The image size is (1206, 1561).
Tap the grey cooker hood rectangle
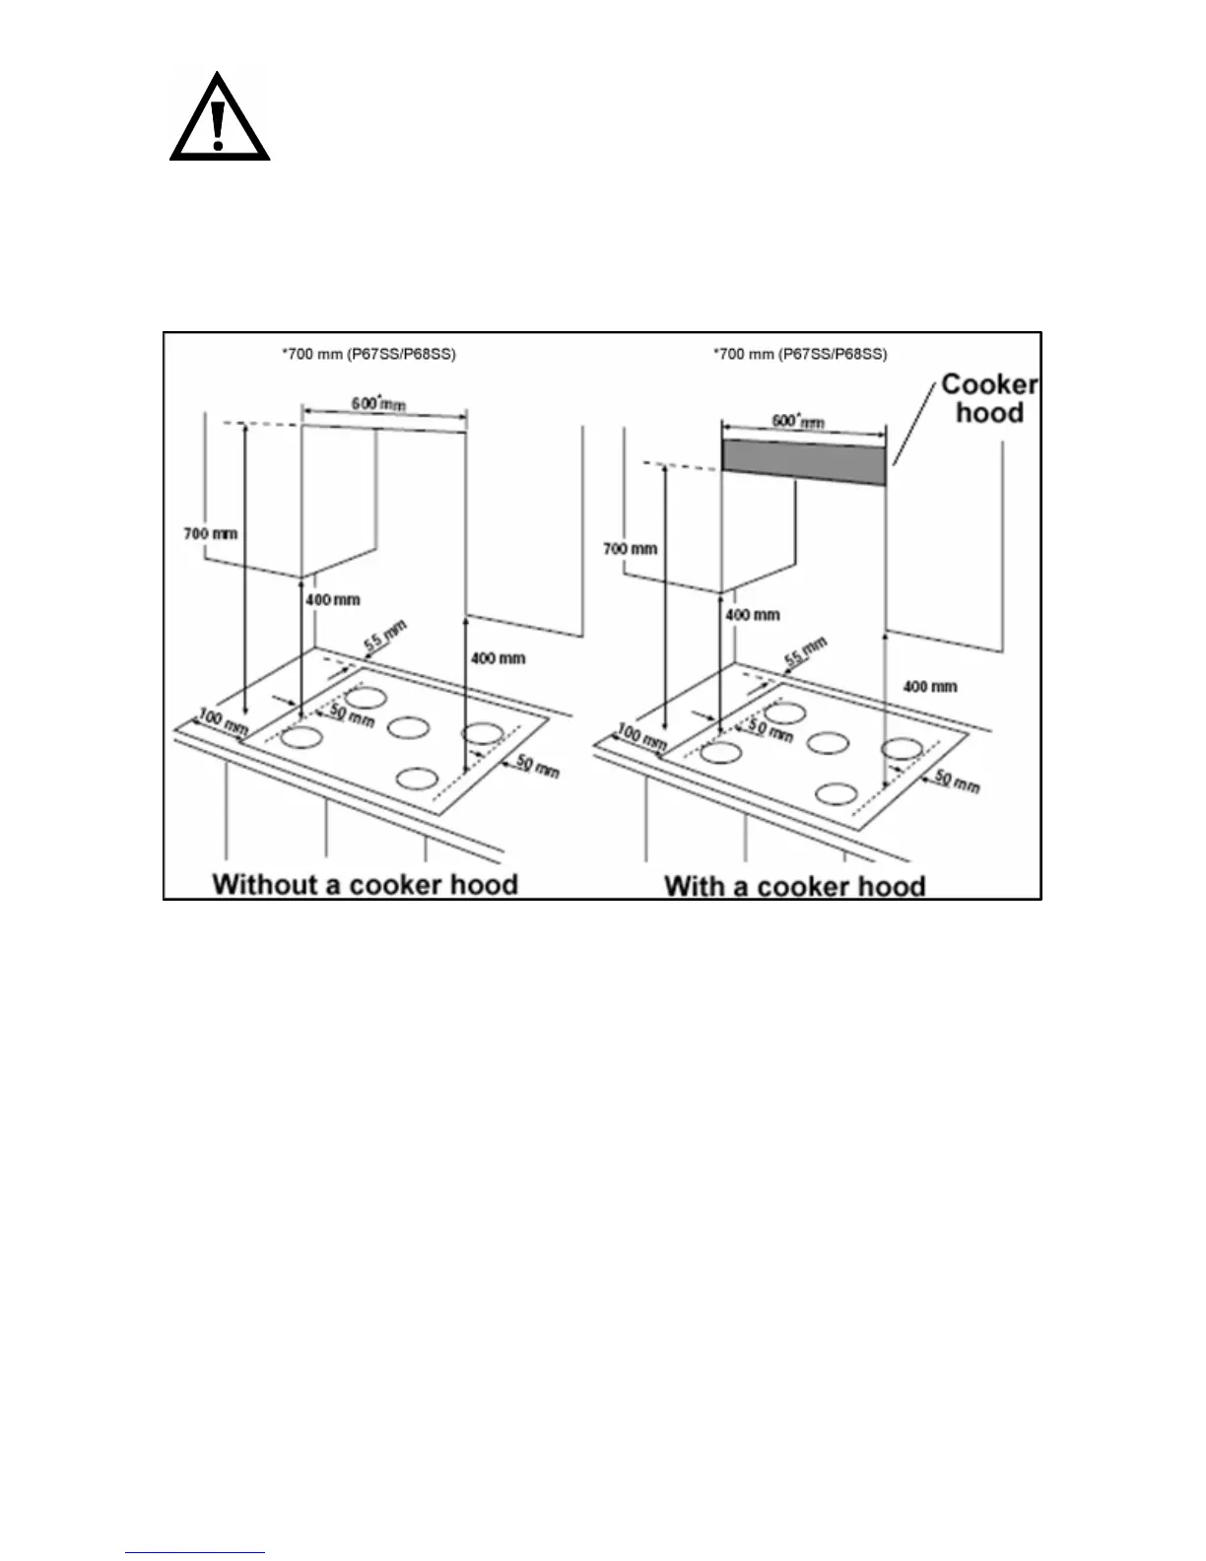point(803,462)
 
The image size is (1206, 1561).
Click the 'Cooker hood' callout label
point(988,398)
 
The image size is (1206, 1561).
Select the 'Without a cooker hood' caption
point(365,883)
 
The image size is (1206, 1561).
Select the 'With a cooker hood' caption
point(794,885)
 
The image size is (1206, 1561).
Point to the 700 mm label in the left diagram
point(211,534)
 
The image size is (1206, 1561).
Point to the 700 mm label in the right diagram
point(630,548)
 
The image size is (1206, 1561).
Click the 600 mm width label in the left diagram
point(378,404)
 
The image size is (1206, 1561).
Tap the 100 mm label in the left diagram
point(224,720)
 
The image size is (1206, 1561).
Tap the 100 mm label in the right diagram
point(641,736)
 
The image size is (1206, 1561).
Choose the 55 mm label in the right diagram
point(804,652)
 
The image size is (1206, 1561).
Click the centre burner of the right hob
point(828,743)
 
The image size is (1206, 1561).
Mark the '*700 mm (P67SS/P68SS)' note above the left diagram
point(368,354)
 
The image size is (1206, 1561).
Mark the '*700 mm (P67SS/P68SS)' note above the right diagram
point(799,354)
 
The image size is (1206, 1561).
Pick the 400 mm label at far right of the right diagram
point(929,686)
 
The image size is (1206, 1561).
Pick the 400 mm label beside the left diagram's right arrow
point(498,657)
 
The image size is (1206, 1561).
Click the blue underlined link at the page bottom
point(195,1553)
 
